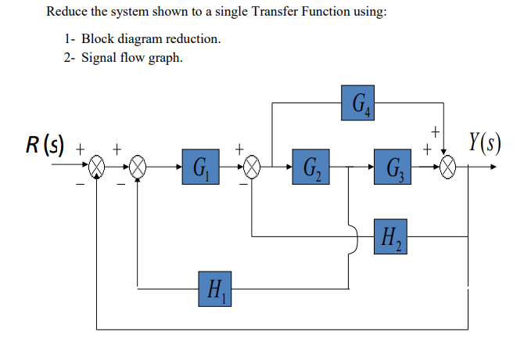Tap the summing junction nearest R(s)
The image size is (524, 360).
pos(96,167)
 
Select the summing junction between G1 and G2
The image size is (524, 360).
pos(252,167)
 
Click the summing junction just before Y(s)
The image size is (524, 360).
pos(447,167)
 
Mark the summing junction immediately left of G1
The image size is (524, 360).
pos(138,167)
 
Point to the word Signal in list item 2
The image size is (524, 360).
pos(101,58)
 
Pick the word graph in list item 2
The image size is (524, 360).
pos(166,59)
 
